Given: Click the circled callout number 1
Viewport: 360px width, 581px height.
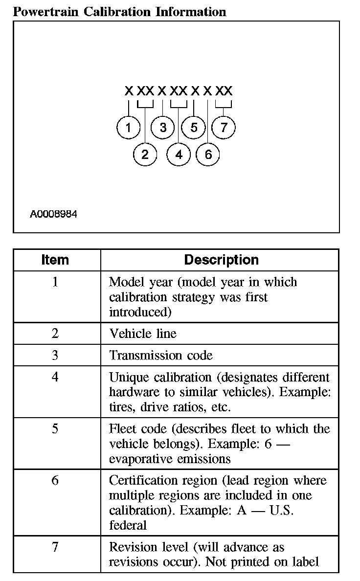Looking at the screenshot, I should click(129, 128).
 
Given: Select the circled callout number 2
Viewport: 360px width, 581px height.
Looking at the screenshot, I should click(145, 155).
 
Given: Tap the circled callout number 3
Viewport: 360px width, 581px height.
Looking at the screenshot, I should click(163, 128).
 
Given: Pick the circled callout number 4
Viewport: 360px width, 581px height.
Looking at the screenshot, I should click(179, 155).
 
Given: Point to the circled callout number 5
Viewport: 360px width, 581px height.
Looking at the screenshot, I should click(194, 128).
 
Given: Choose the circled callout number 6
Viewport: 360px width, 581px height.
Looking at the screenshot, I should click(208, 155).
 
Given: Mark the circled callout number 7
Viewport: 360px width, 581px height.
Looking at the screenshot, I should click(224, 128).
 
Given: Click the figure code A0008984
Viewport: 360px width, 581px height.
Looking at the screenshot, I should click(53, 214).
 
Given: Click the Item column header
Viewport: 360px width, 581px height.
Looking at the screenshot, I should click(55, 260).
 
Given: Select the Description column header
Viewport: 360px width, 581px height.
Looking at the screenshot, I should click(221, 260).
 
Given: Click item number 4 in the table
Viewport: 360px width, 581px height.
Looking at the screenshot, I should click(55, 378).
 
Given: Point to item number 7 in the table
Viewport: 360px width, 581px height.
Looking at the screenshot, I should click(55, 547).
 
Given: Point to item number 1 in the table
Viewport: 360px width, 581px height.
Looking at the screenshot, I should click(55, 282).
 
